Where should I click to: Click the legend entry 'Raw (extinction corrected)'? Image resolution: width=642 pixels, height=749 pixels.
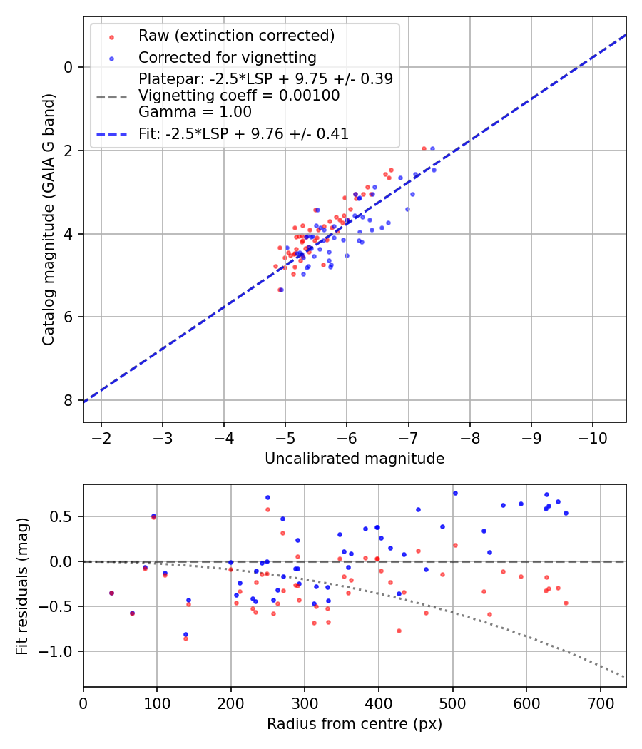[236, 36]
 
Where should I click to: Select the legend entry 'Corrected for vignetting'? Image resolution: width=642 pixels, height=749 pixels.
[227, 57]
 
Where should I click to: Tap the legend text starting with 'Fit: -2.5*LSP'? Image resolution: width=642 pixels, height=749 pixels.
[243, 133]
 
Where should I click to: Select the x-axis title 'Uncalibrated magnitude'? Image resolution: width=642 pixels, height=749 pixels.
[355, 459]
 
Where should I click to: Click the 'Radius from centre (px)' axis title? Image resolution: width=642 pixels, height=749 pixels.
[355, 724]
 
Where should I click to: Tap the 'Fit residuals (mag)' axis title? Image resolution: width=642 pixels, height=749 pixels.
[22, 586]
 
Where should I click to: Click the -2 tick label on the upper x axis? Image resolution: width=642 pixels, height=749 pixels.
[101, 437]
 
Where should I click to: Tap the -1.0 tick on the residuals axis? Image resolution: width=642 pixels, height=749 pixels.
[60, 651]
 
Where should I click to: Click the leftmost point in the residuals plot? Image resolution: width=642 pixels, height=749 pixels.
[111, 593]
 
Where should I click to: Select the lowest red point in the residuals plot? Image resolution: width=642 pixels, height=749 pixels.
[185, 638]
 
